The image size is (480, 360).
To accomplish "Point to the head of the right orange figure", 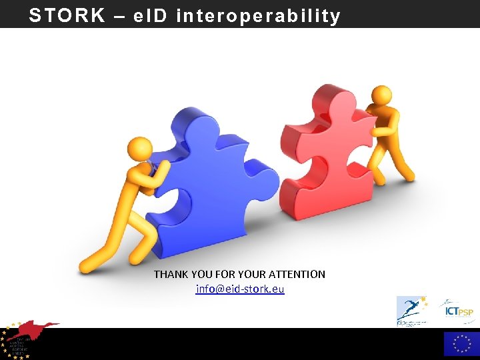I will pyautogui.click(x=381, y=95).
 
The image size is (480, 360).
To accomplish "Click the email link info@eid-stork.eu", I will pyautogui.click(x=240, y=289).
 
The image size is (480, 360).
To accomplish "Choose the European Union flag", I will pyautogui.click(x=461, y=344).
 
